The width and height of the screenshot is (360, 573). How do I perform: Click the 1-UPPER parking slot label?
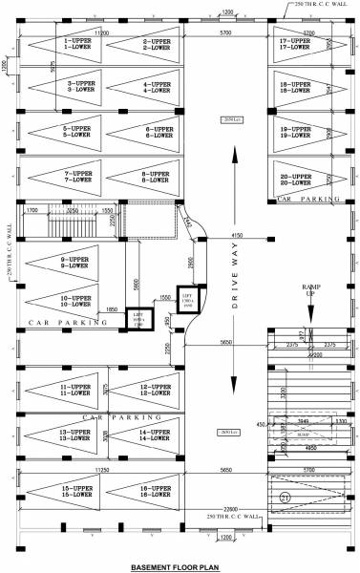[77, 41]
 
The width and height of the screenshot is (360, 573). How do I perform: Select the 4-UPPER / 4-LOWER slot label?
[157, 87]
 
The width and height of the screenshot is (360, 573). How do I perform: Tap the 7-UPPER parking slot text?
[77, 173]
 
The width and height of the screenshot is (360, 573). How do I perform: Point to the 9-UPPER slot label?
[75, 260]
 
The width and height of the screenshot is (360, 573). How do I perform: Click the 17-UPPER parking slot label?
[295, 41]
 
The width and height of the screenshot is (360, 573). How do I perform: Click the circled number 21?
[285, 496]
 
